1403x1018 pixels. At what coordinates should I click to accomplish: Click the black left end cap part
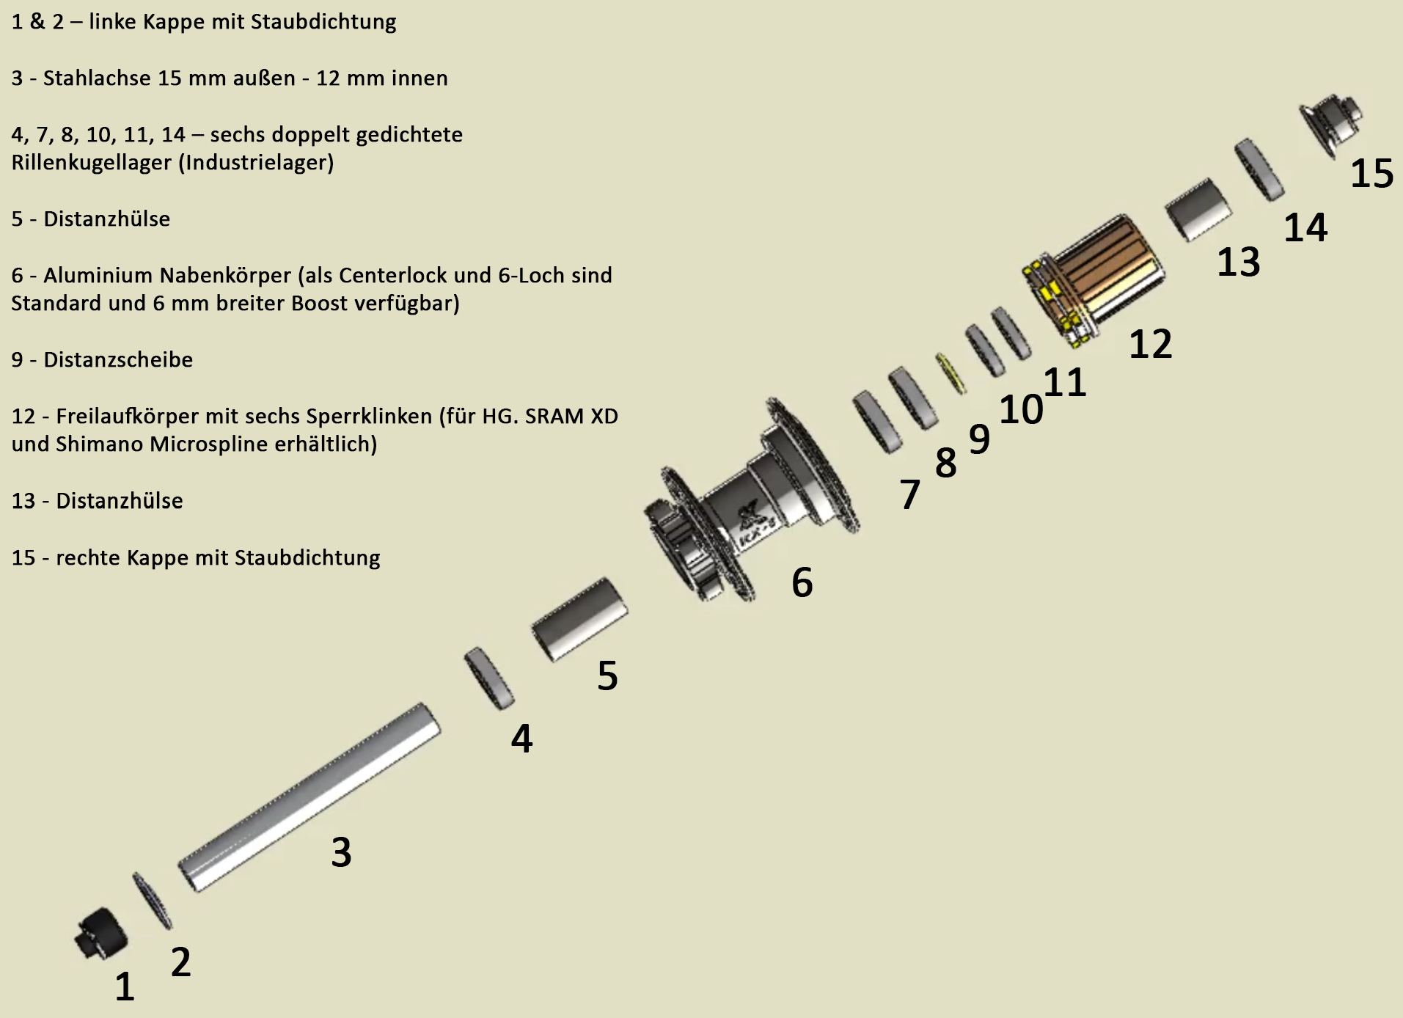101,932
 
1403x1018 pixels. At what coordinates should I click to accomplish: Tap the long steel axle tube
309,797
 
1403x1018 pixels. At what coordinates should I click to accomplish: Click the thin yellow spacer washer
950,372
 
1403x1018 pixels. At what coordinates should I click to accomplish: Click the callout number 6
802,582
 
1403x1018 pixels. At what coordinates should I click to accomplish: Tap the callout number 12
1150,343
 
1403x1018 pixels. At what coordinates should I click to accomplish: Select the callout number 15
1371,174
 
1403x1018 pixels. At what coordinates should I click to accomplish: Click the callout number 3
341,852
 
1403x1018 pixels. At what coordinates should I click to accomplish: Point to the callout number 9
979,439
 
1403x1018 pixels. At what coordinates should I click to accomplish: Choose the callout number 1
125,986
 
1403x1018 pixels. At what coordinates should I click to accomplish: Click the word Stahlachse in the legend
97,78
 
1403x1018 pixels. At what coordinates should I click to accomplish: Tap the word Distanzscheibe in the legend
118,359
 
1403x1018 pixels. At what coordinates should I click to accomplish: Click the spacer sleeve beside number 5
579,619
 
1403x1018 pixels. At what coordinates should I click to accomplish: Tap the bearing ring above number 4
489,678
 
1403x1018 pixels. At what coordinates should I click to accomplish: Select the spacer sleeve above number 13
1200,210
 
